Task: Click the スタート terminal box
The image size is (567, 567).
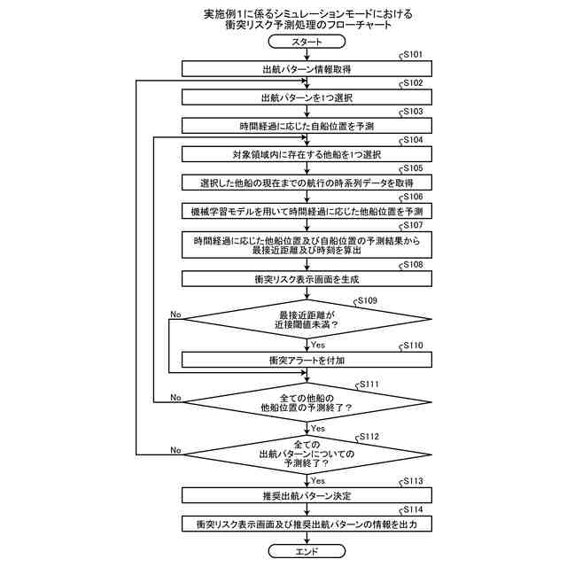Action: tap(307, 43)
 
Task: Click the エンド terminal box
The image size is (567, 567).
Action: tap(307, 550)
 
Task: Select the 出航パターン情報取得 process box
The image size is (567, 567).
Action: tap(307, 68)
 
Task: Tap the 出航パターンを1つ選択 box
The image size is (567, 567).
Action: tap(307, 97)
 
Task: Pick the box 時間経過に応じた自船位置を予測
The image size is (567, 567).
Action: tap(307, 125)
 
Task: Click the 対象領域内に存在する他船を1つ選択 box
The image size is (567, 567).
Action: tap(307, 154)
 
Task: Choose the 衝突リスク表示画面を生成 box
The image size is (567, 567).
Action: tap(307, 278)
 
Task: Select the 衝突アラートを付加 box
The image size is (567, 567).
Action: tap(307, 361)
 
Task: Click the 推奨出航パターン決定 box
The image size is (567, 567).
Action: tap(307, 494)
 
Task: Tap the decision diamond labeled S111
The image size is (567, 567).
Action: tap(307, 402)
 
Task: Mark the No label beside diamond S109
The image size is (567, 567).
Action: tap(175, 315)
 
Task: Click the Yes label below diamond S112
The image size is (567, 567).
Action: tap(318, 479)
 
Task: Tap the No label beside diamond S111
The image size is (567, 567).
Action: tap(175, 398)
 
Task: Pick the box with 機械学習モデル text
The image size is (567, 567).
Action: tap(307, 212)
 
